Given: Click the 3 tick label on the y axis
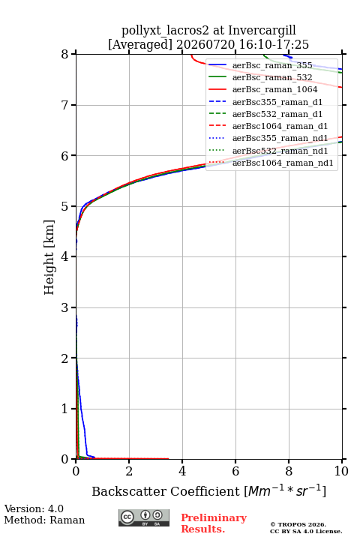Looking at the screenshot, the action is pos(64,307).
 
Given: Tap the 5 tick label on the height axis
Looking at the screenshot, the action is pos(64,206).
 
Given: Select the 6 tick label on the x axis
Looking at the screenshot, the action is pos(235,471).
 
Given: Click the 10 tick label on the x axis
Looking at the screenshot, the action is pos(341,471).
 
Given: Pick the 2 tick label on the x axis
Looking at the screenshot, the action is pos(129,471).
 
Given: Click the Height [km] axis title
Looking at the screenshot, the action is pos(49,257).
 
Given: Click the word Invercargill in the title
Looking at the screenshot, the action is pos(262,31).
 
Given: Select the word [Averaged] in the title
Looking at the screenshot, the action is pos(139,45).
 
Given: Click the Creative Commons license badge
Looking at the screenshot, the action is pos(144,517).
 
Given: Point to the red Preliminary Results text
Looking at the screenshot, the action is pos(214,523).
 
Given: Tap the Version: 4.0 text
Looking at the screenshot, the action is pos(34,508).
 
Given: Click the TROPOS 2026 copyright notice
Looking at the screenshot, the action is pos(298,524).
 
